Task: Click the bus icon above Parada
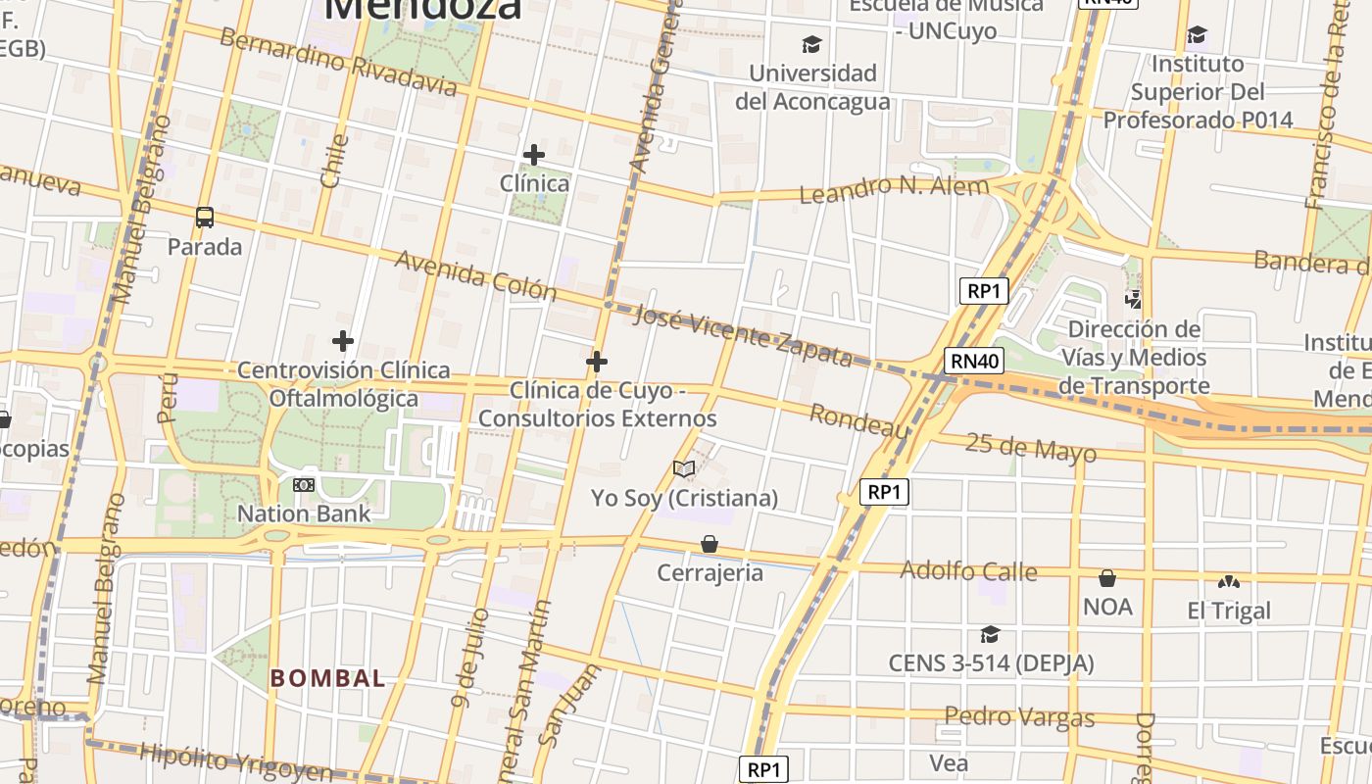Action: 205,218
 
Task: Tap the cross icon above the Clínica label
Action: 534,155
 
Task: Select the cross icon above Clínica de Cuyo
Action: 596,362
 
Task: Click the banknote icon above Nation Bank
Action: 304,484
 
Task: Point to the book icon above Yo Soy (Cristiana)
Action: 684,469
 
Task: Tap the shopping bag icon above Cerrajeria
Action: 710,544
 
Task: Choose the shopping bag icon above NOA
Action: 1107,578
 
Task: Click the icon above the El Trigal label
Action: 1228,582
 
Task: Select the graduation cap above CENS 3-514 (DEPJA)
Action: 990,635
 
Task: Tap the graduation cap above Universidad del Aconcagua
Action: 811,44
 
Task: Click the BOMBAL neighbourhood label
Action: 327,678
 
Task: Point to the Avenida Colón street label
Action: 475,275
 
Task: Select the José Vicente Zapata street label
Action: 743,335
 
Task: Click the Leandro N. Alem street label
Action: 895,188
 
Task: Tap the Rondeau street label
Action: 859,421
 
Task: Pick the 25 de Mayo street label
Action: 1030,448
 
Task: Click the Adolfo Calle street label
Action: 968,570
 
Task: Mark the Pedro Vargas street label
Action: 1019,717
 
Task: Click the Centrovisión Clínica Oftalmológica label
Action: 344,384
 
